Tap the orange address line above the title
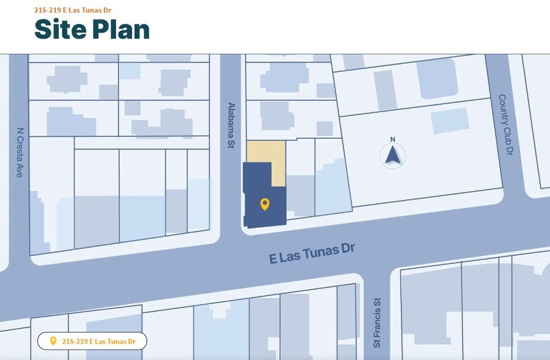(73, 10)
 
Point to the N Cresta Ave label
(20, 152)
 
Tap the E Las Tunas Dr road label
(312, 252)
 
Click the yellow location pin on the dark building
(264, 204)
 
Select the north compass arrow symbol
(393, 156)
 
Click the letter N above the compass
(393, 139)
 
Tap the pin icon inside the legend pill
(53, 341)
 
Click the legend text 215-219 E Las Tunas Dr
(98, 341)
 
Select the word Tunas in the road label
(318, 251)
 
